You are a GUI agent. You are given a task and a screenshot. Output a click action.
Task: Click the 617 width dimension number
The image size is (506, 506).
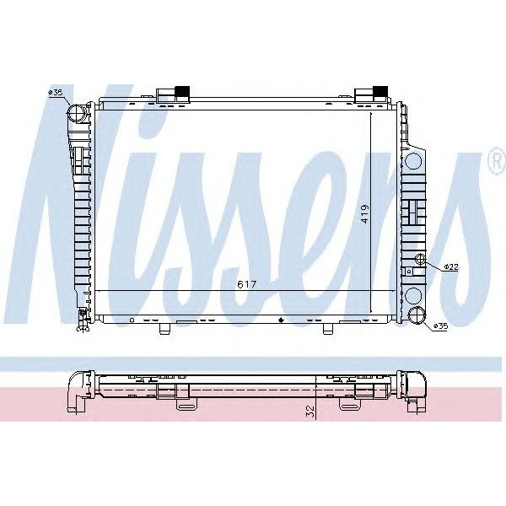[x=245, y=285]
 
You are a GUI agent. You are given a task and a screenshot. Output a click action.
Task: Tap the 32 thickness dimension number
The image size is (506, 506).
[x=310, y=412]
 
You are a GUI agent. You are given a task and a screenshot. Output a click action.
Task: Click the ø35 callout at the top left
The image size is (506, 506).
[x=56, y=92]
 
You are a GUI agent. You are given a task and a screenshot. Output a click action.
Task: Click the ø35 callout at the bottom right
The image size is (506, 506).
[x=440, y=326]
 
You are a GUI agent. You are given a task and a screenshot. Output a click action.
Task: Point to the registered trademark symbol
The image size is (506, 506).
[x=494, y=165]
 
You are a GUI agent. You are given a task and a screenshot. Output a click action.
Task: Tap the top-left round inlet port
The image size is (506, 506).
[x=76, y=113]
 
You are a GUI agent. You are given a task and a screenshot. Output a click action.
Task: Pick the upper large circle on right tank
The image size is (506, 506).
[x=413, y=159]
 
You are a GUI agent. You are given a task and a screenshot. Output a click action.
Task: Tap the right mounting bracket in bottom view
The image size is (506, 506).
[x=349, y=403]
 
